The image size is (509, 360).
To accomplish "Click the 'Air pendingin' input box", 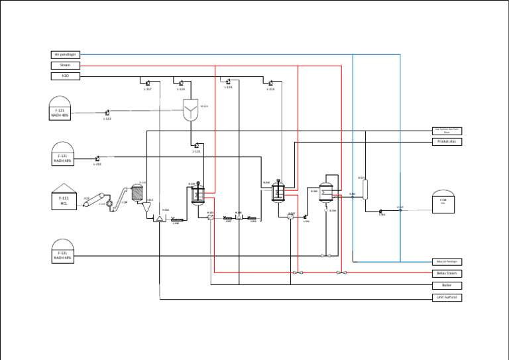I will pyautogui.click(x=66, y=54).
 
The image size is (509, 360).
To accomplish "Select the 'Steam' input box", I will pyautogui.click(x=66, y=65).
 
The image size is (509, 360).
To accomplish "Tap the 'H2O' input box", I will pyautogui.click(x=66, y=76).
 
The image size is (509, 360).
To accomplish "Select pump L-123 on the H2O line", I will pyautogui.click(x=181, y=83).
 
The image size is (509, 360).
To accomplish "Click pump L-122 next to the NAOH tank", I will pyautogui.click(x=107, y=113).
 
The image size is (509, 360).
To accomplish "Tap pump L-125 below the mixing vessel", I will pyautogui.click(x=196, y=145).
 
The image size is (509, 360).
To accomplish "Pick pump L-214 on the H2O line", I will pyautogui.click(x=270, y=83).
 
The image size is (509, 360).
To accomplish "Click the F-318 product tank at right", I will pyautogui.click(x=443, y=202).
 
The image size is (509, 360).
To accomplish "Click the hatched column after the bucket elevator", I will pyautogui.click(x=138, y=192).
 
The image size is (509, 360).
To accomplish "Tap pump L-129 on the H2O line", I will pyautogui.click(x=227, y=82).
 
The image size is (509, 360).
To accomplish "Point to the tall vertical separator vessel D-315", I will pyautogui.click(x=365, y=188).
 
